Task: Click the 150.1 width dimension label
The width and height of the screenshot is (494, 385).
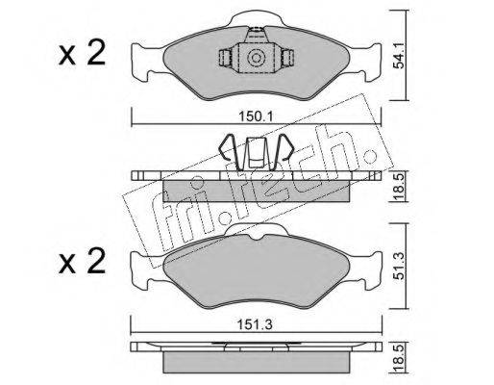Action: coord(256,116)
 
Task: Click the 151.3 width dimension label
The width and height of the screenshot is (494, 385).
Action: coord(256,324)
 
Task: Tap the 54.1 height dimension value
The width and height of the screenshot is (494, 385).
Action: coord(399,55)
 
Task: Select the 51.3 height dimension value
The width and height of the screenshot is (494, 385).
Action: coord(400,266)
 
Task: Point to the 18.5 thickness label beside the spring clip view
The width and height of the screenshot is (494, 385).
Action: coord(398,186)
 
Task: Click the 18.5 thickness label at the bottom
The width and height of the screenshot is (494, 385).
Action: coord(398,358)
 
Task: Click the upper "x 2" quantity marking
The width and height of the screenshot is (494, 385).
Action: coord(83,53)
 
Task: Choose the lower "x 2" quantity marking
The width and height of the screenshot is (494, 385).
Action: coord(83,261)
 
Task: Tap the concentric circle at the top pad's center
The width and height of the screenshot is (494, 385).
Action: coord(256,58)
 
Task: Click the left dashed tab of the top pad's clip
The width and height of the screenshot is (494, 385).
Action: coord(225,58)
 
